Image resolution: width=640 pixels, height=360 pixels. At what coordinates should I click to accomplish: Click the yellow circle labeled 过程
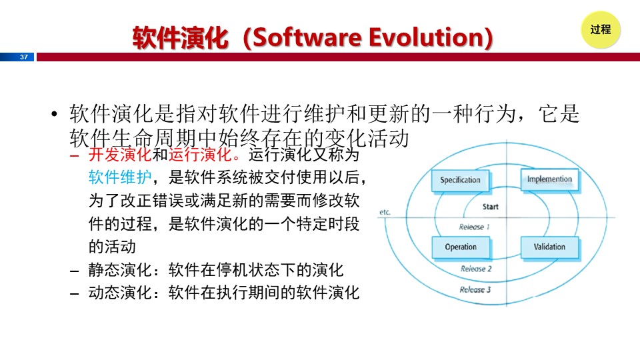point(601,30)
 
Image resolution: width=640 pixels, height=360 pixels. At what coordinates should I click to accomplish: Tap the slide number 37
point(24,57)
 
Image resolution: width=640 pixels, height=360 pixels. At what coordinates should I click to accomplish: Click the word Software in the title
point(307,37)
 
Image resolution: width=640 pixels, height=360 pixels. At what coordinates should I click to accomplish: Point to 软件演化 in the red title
point(180,38)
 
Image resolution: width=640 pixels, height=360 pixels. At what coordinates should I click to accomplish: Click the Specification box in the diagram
point(460,180)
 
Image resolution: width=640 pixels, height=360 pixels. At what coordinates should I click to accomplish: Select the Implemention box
point(549,179)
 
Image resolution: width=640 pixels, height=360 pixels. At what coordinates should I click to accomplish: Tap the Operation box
point(461,247)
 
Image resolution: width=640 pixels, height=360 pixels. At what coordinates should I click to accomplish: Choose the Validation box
point(549,247)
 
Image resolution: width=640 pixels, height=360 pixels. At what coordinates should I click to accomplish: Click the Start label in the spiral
point(490,207)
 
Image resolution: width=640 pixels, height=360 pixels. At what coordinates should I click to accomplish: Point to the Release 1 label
point(474,227)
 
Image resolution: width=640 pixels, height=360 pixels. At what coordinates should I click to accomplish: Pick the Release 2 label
point(476,269)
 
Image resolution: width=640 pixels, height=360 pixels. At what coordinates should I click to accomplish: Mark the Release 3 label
point(475,290)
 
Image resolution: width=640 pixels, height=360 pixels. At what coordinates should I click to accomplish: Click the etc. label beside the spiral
point(385,212)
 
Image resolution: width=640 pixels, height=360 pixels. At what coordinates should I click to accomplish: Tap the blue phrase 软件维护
point(120,177)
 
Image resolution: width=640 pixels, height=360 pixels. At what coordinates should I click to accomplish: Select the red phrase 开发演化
point(120,155)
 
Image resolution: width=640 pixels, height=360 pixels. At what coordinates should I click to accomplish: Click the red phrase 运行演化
point(200,155)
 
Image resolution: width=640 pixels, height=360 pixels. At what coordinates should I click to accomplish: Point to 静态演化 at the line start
point(120,270)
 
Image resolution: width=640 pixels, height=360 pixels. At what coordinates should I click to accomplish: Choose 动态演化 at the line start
point(120,293)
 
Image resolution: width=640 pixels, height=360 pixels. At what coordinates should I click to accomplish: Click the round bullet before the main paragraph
point(54,114)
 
